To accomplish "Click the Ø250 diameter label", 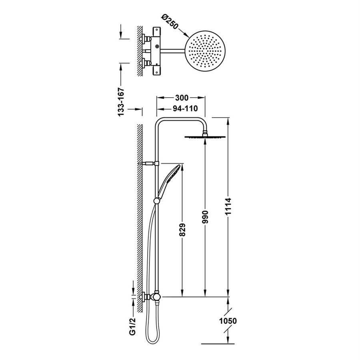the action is (x=170, y=22).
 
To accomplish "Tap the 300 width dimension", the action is (x=182, y=98).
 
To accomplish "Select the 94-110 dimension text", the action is (x=185, y=108).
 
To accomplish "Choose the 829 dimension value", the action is (x=182, y=230).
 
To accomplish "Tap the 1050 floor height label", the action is (x=228, y=321).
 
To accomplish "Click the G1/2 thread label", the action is (x=132, y=326).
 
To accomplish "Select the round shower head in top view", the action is (x=205, y=50).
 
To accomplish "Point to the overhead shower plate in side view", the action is (x=205, y=137).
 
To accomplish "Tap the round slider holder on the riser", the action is (x=157, y=201).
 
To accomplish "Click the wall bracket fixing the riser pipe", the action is (x=150, y=164).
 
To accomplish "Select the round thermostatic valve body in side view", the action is (x=156, y=297).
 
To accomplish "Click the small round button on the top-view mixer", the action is (x=157, y=47).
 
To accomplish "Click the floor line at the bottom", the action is (x=218, y=344).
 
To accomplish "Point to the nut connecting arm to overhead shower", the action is (x=205, y=133).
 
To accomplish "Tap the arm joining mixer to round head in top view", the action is (x=174, y=50).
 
